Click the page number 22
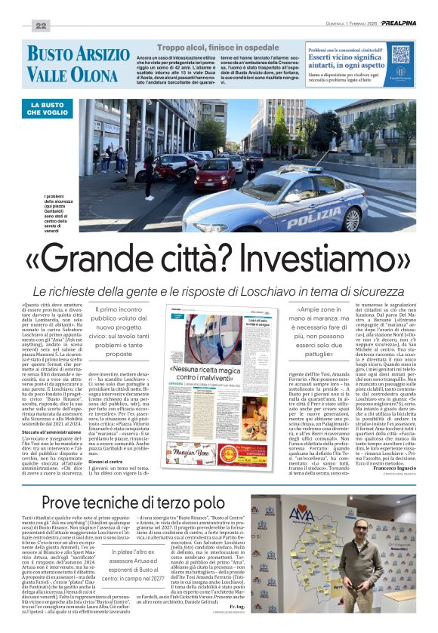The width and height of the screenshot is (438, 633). (x=41, y=26)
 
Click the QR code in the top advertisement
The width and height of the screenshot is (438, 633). (x=400, y=54)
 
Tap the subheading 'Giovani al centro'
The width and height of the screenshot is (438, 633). (x=103, y=461)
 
